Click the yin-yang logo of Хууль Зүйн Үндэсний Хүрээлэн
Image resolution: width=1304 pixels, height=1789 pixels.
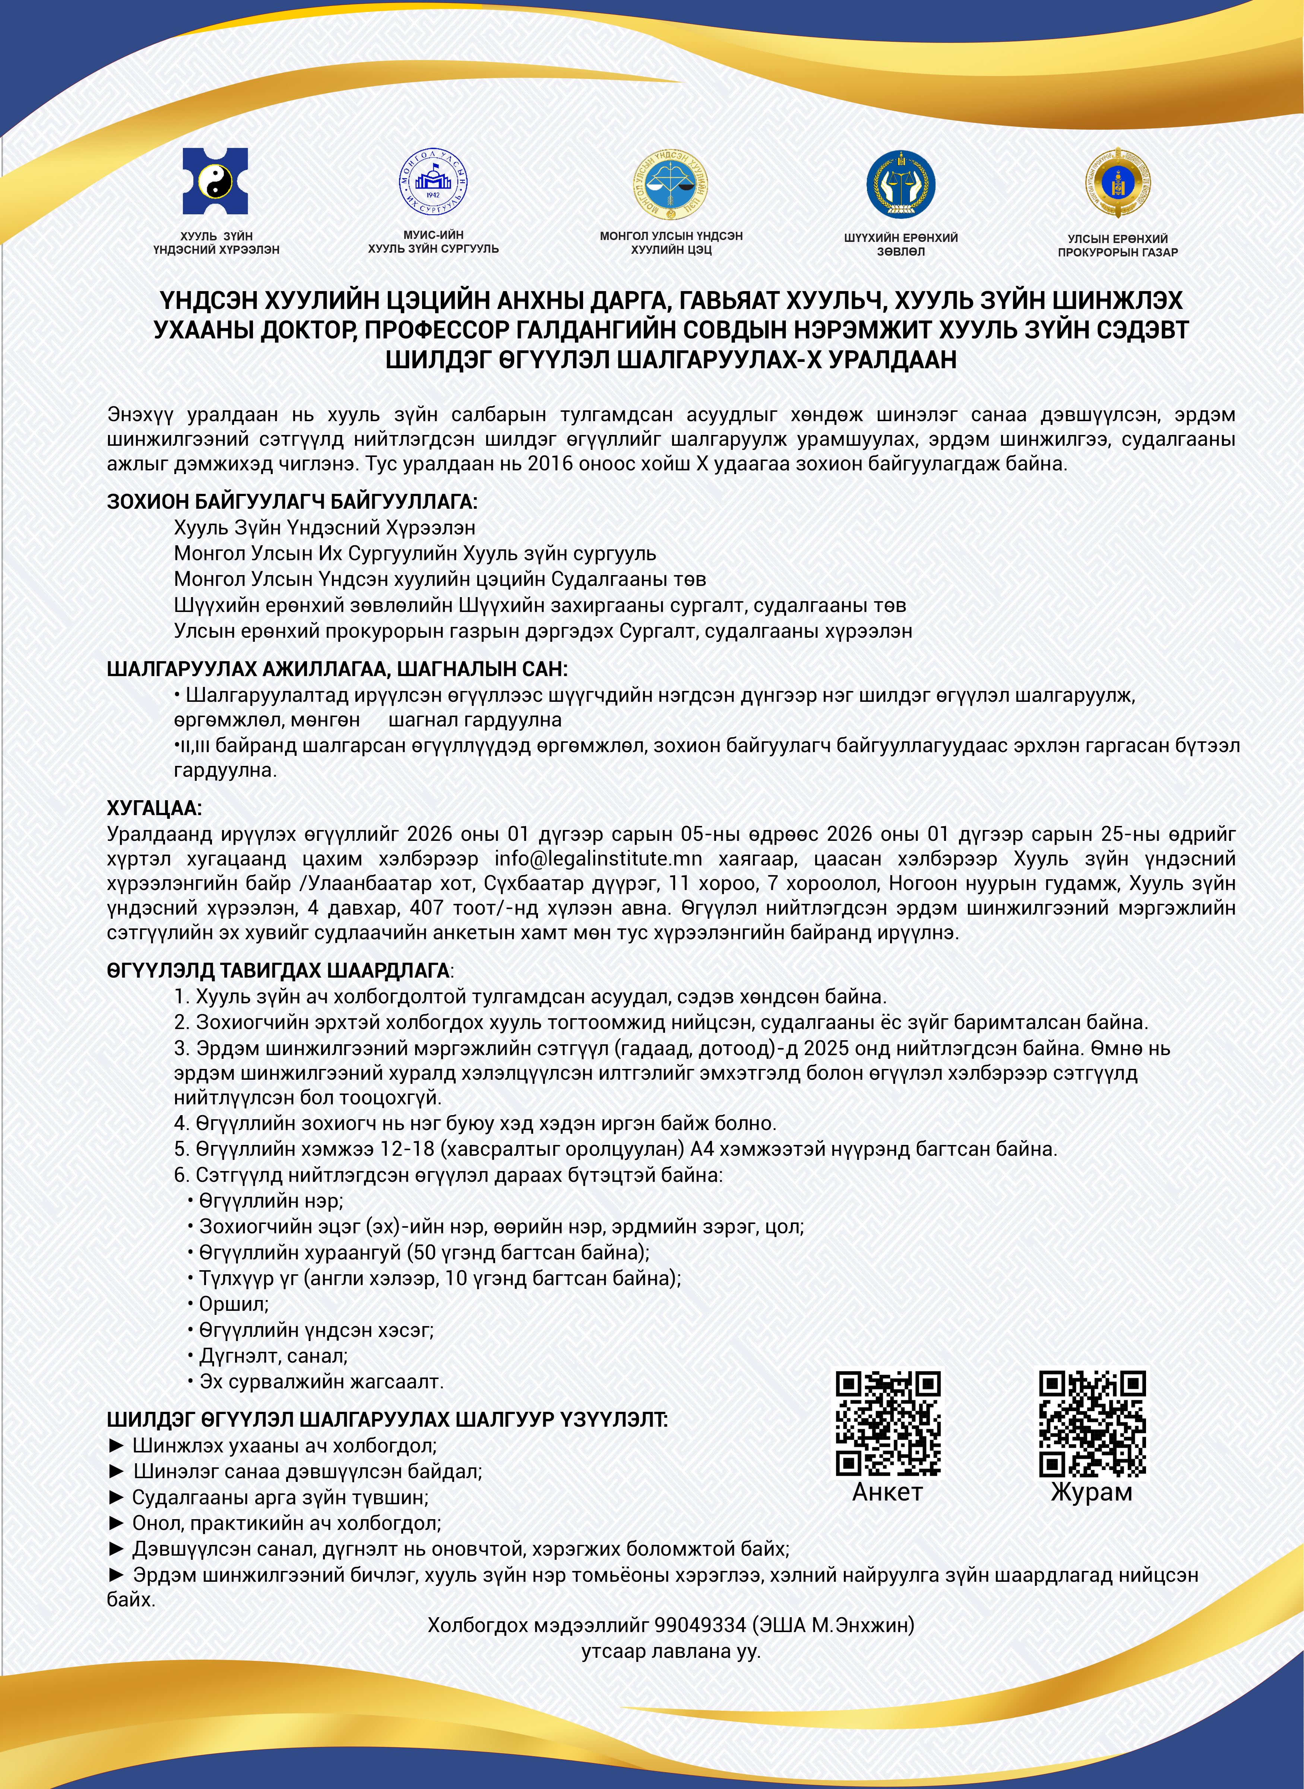click(x=215, y=182)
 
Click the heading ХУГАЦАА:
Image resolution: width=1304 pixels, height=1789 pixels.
click(x=155, y=808)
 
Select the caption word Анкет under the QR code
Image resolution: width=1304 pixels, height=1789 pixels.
click(x=887, y=1492)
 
